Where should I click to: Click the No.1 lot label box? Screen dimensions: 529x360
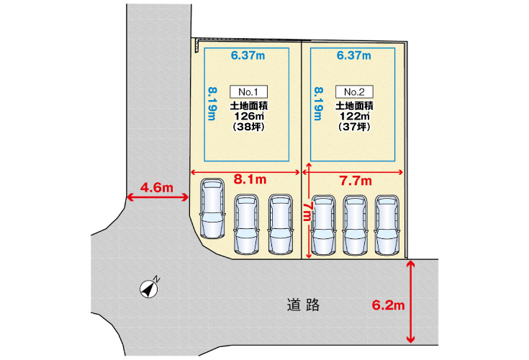(x=248, y=91)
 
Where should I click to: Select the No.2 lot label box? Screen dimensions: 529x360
(x=354, y=91)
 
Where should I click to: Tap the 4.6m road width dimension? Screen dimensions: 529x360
(x=157, y=188)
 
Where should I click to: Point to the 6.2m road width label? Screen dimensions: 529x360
(x=389, y=305)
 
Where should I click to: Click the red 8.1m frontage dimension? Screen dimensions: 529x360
(x=250, y=179)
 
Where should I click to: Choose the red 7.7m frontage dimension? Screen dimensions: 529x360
(x=356, y=181)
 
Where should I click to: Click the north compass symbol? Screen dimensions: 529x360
(x=150, y=289)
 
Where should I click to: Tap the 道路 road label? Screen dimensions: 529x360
(x=303, y=305)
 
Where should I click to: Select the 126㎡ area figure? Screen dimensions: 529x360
(x=249, y=116)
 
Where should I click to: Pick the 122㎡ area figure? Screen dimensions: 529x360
(x=355, y=116)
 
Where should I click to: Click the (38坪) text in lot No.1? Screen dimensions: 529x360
(x=248, y=127)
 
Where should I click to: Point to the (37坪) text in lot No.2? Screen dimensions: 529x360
(x=354, y=127)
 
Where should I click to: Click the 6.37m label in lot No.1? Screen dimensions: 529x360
(x=248, y=55)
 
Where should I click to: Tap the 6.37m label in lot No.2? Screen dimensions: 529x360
(x=354, y=55)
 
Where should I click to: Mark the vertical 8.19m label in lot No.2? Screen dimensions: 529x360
(x=318, y=104)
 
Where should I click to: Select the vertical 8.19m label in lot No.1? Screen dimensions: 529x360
(x=212, y=104)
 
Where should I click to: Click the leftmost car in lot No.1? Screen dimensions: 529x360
(x=212, y=209)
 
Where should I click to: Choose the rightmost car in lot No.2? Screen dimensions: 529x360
(x=387, y=225)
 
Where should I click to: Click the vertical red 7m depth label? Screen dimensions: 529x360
(x=307, y=212)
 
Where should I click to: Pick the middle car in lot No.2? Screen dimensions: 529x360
(x=356, y=225)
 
